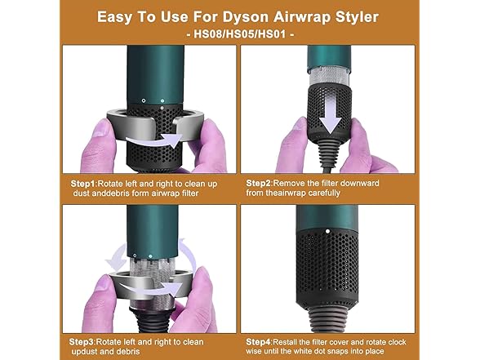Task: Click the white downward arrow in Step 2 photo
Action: point(330,111)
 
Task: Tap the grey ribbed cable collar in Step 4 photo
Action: point(330,308)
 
